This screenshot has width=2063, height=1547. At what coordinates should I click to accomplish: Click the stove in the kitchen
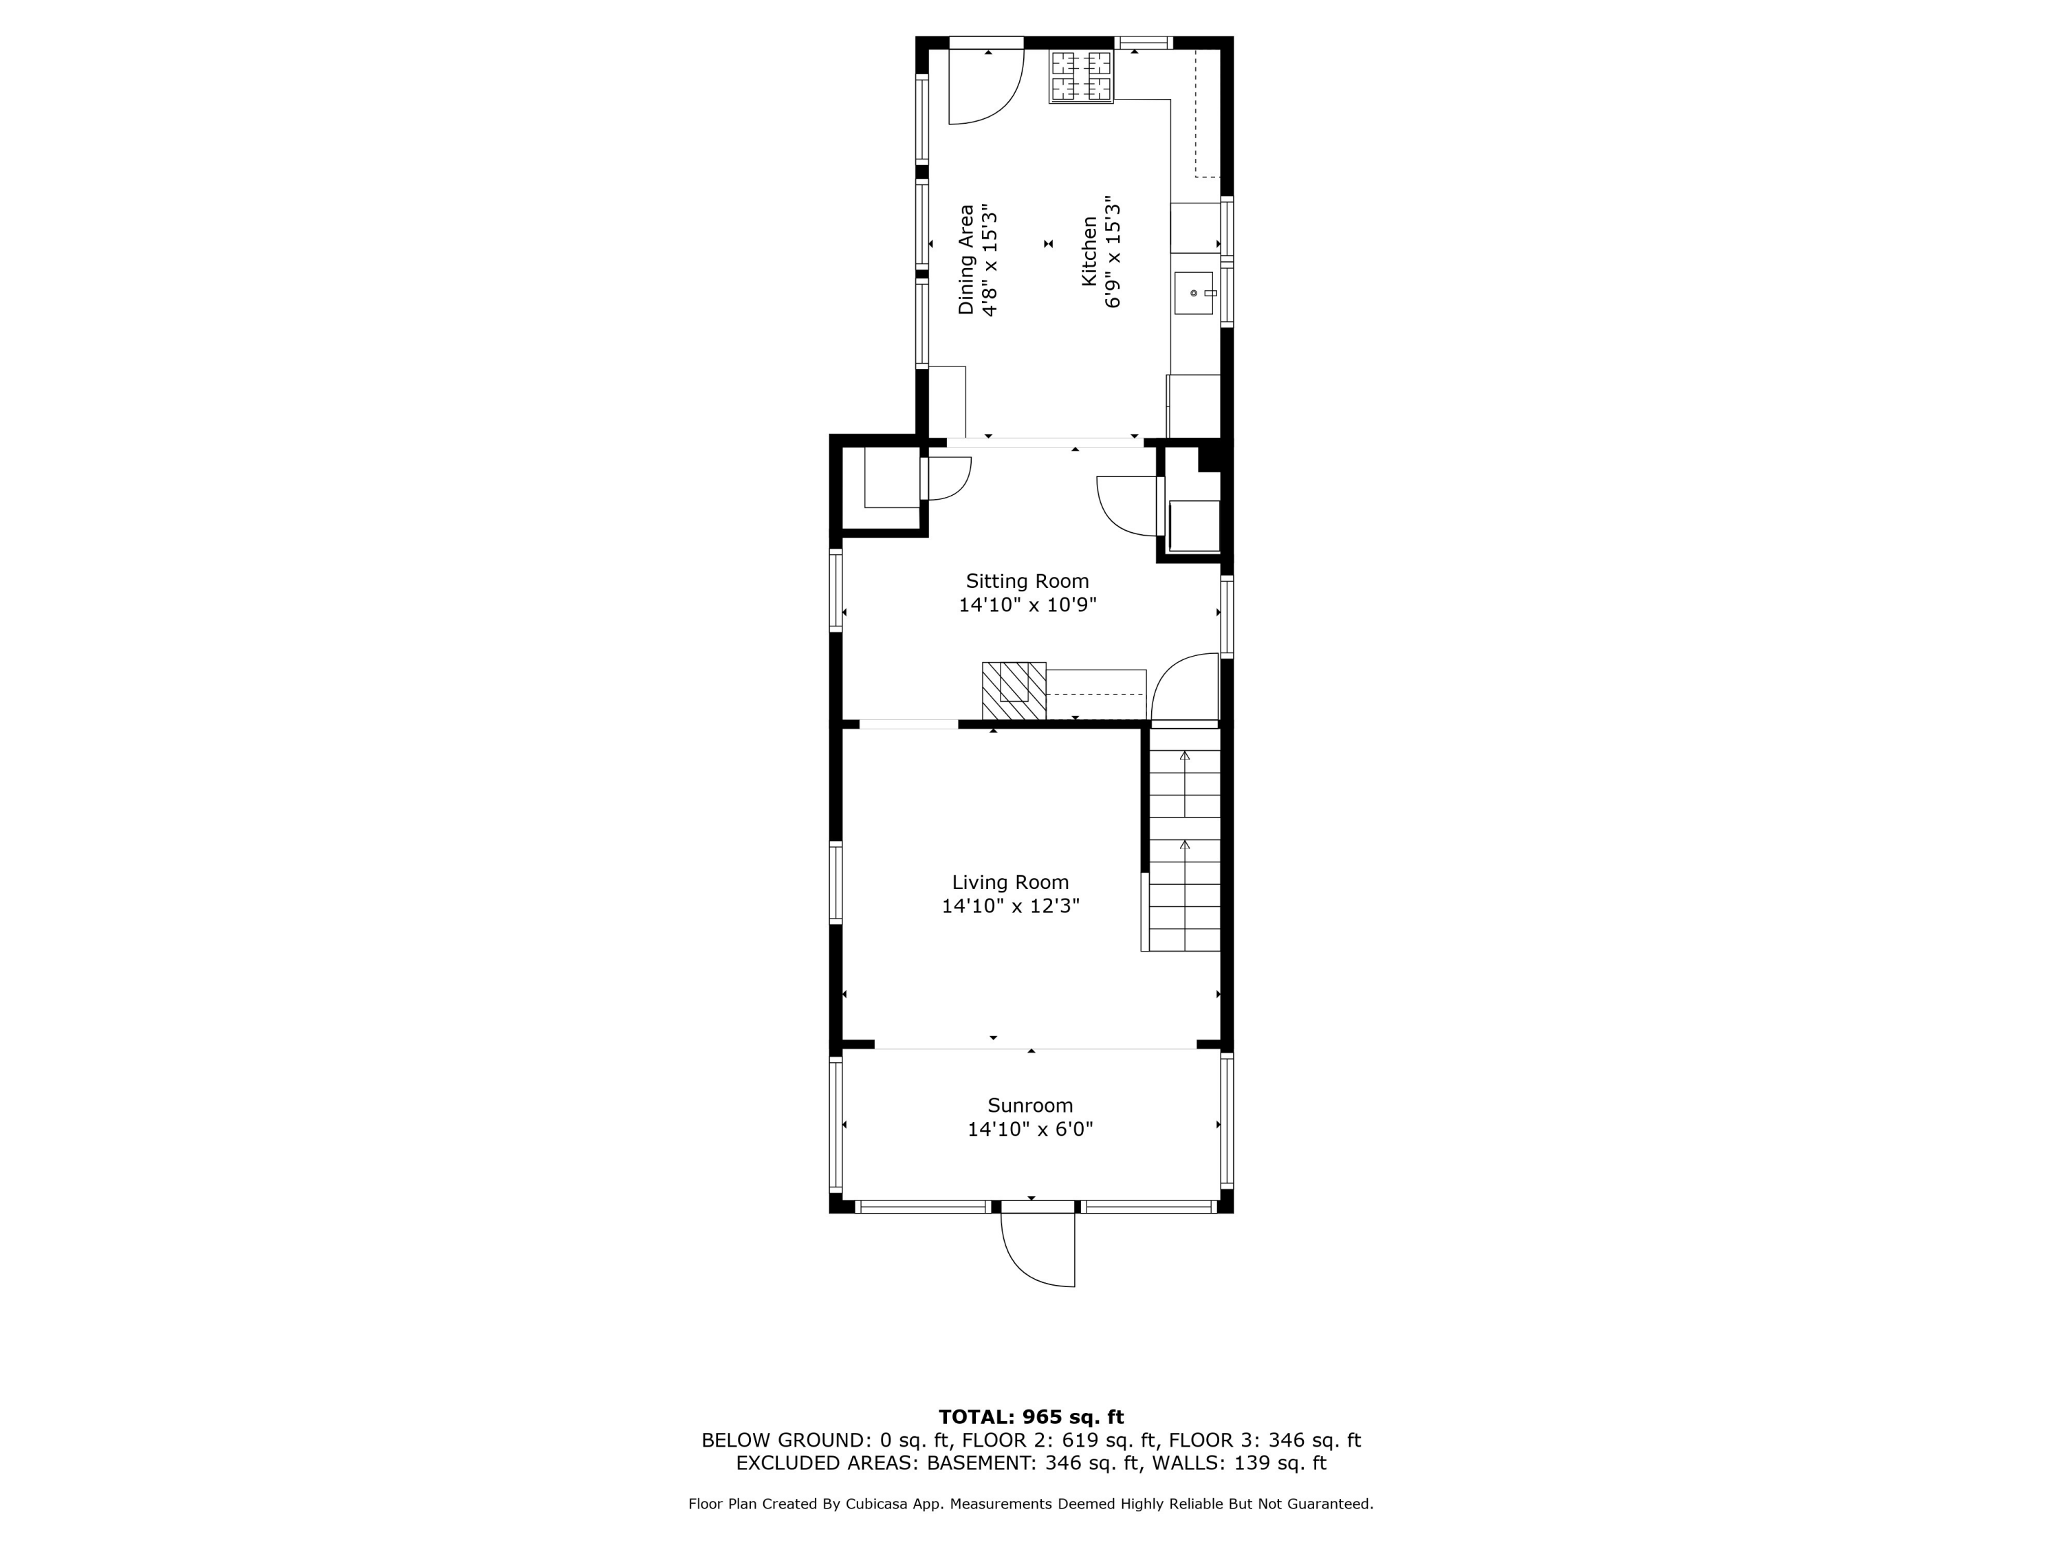tap(1081, 76)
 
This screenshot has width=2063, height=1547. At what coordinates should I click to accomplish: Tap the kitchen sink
tap(1194, 293)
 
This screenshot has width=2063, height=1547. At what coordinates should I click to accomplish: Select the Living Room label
tap(1010, 882)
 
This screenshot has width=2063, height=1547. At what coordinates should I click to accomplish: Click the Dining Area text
tap(966, 260)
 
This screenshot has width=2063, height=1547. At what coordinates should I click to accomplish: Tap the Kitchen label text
tap(1089, 252)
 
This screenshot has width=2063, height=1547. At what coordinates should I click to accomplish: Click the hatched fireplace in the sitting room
tap(1014, 690)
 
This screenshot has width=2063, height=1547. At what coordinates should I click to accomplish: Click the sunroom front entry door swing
tap(1038, 1249)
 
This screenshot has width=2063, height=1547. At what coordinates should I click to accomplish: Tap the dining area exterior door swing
tap(987, 87)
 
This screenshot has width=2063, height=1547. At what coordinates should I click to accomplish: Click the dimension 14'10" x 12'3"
tap(1010, 906)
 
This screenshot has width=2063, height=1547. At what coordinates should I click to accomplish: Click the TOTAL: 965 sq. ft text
tap(1031, 1417)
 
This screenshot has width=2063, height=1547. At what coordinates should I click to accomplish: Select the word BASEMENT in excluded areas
tap(979, 1463)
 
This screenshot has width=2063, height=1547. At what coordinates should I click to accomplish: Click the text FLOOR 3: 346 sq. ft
tap(1265, 1440)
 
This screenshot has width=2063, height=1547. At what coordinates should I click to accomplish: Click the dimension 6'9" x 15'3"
tap(1113, 252)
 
